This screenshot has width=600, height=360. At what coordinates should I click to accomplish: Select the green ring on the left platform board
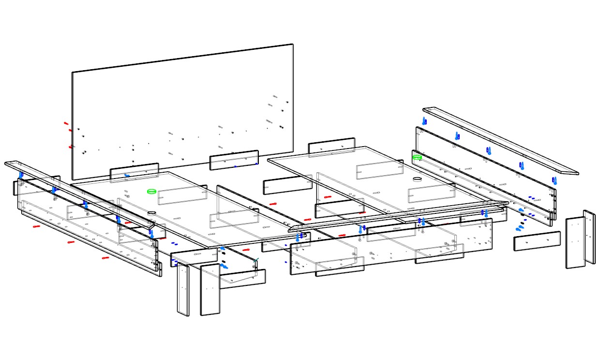pyautogui.click(x=152, y=192)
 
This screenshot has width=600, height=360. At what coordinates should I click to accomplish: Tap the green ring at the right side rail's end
pyautogui.click(x=417, y=157)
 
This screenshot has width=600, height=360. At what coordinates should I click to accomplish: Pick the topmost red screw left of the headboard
pyautogui.click(x=66, y=123)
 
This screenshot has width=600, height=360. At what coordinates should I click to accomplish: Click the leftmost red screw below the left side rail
pyautogui.click(x=36, y=226)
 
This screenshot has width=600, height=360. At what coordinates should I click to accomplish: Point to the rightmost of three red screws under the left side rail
pyautogui.click(x=105, y=258)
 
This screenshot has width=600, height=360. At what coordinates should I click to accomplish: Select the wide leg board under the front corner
pyautogui.click(x=210, y=290)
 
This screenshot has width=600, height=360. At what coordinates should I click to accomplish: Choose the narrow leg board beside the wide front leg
pyautogui.click(x=183, y=290)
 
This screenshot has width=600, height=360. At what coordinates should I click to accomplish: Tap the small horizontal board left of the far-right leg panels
pyautogui.click(x=537, y=241)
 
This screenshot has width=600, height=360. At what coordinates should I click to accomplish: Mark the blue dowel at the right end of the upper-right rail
pyautogui.click(x=555, y=180)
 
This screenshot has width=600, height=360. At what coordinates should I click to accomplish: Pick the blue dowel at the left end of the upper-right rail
pyautogui.click(x=424, y=120)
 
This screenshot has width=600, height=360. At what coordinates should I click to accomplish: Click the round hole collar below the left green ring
pyautogui.click(x=152, y=213)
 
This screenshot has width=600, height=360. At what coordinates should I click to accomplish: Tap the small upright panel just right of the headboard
pyautogui.click(x=331, y=147)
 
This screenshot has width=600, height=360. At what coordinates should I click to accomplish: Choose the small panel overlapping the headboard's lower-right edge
pyautogui.click(x=234, y=160)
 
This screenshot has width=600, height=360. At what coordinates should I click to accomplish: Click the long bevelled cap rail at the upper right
pyautogui.click(x=501, y=140)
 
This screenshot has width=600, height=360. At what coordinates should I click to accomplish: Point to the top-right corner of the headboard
pyautogui.click(x=293, y=45)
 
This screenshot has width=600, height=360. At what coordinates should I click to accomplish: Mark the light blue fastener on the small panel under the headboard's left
pyautogui.click(x=127, y=175)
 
